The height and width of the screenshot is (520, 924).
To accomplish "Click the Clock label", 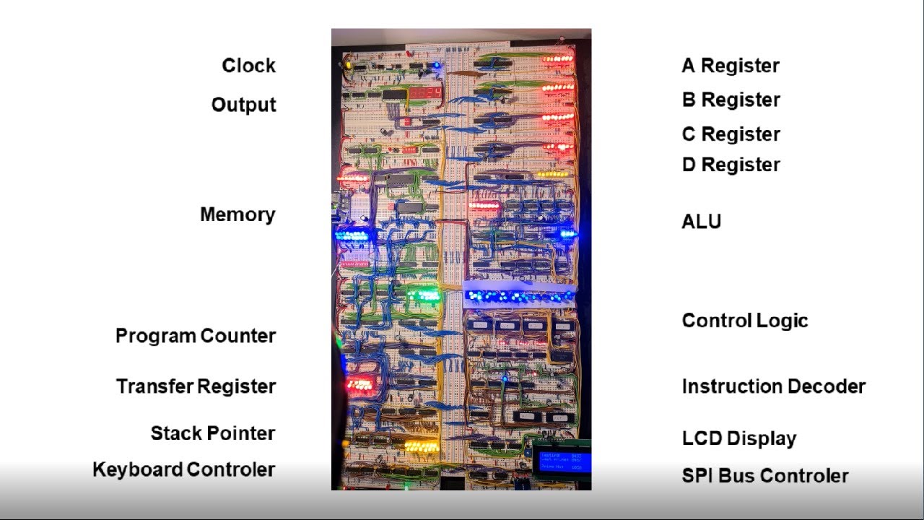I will click(248, 66).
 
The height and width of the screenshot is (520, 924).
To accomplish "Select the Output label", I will click(243, 105).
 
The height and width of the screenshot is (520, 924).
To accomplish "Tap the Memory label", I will click(237, 214).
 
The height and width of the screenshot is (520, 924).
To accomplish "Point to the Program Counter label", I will click(196, 336).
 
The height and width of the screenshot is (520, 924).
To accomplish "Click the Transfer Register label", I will click(196, 386).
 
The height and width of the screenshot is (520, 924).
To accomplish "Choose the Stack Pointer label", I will click(213, 433).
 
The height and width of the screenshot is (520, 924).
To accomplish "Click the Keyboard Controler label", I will click(184, 469).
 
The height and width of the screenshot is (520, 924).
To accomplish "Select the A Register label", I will click(731, 66).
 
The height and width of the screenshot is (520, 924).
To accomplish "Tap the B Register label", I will click(731, 100).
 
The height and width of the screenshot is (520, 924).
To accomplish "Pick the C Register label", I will click(731, 134).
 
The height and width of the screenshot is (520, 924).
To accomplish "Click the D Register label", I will click(731, 165).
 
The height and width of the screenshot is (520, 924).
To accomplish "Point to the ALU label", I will click(701, 221).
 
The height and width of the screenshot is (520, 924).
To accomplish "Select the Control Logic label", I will click(744, 321).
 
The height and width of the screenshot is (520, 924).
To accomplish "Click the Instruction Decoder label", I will click(773, 386).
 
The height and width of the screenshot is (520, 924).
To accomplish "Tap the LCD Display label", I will click(738, 438).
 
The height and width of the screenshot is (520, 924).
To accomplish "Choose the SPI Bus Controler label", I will click(764, 476).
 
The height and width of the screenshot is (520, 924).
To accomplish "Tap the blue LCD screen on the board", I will click(562, 460).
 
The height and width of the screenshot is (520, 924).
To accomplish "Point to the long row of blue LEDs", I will click(519, 296).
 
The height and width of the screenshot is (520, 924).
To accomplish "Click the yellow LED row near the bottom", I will click(422, 446).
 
